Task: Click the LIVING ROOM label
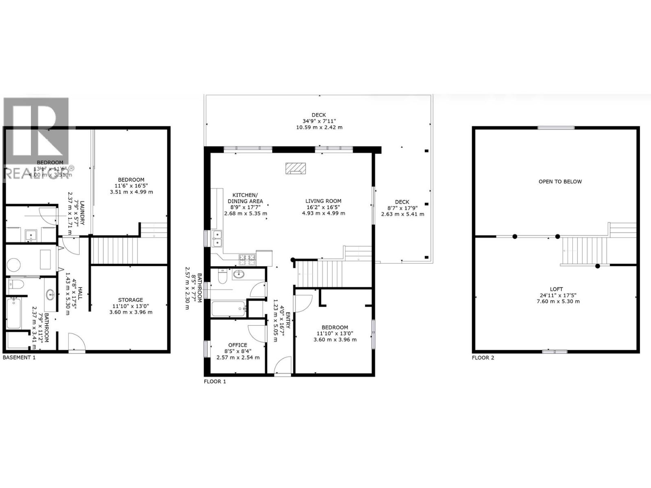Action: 323,201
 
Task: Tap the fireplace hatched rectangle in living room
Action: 295,168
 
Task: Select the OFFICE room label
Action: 238,345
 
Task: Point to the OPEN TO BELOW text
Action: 560,181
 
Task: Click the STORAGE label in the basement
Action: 131,300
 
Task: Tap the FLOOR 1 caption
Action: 215,381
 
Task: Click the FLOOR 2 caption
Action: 483,358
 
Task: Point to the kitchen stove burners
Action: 247,257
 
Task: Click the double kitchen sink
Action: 217,239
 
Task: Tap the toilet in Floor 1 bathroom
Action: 223,277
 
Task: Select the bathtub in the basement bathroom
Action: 14,313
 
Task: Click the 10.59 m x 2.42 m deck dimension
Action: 319,127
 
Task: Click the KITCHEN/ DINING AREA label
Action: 245,198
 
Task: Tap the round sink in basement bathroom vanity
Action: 50,295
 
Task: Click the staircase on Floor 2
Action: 584,251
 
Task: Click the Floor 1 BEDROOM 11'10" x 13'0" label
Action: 334,327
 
